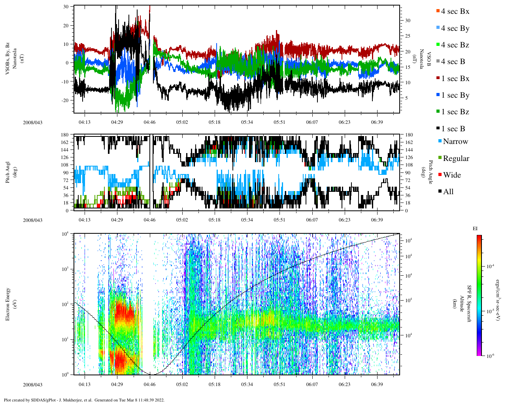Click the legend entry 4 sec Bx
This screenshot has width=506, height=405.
click(x=455, y=11)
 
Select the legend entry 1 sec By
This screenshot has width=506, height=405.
click(x=455, y=95)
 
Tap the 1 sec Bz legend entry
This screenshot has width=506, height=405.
click(x=455, y=112)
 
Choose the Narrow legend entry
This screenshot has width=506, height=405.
click(x=455, y=142)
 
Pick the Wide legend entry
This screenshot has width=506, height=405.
click(x=451, y=175)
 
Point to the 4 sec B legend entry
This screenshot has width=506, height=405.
click(x=453, y=62)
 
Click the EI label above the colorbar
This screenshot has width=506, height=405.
click(x=475, y=229)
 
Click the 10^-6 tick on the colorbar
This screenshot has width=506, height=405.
click(x=490, y=356)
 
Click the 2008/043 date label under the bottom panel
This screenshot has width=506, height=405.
click(x=32, y=385)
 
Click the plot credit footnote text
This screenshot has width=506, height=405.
click(x=84, y=400)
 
